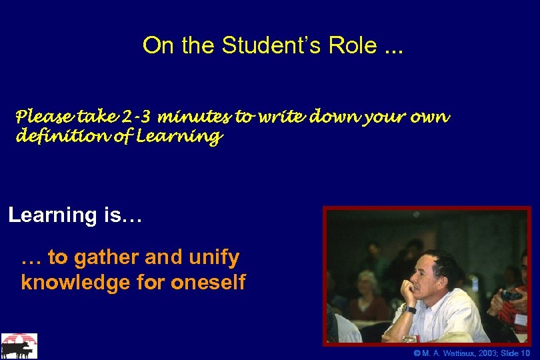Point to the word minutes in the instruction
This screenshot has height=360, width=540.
coord(196,118)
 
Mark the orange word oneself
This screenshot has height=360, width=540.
coord(208,282)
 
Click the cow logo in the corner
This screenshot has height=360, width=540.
coord(19,346)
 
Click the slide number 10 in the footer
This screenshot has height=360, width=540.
coord(526,353)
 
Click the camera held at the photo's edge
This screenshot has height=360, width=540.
coord(511,295)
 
